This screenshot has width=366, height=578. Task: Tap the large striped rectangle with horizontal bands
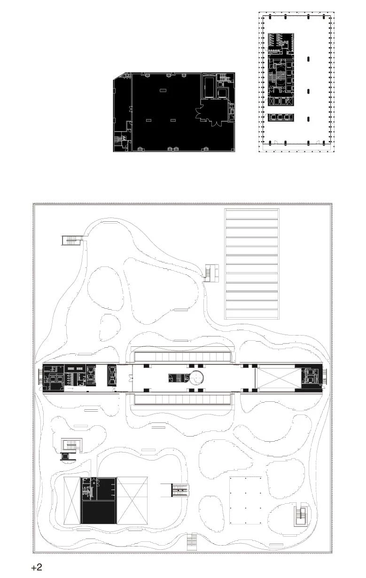coord(252,264)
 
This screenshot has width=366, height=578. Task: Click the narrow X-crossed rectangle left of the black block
coord(72,500)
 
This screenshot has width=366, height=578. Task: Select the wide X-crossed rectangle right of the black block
coord(132,500)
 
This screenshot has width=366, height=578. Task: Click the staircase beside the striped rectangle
coord(212,273)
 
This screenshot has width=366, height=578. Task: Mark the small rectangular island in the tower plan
coord(281,117)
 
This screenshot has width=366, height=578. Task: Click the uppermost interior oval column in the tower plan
coord(309,59)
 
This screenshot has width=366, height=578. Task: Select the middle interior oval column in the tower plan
coord(309,91)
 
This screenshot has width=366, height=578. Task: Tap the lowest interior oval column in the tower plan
coord(309,119)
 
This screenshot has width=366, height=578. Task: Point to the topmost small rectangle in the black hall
coord(163,90)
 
